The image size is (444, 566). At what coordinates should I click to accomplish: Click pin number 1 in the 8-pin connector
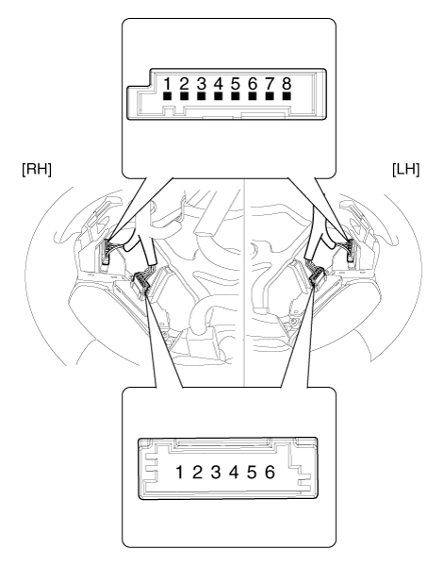click(x=168, y=85)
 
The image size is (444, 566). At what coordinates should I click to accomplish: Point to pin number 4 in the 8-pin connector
click(x=219, y=85)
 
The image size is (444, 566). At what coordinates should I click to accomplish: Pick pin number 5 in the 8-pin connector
click(x=236, y=85)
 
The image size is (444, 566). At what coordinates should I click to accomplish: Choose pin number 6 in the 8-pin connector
click(x=253, y=85)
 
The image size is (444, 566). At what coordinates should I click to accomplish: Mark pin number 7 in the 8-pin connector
click(x=270, y=85)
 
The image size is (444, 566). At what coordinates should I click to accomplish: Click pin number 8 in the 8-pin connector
click(x=287, y=85)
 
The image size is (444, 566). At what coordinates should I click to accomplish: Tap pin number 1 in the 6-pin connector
click(x=176, y=472)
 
